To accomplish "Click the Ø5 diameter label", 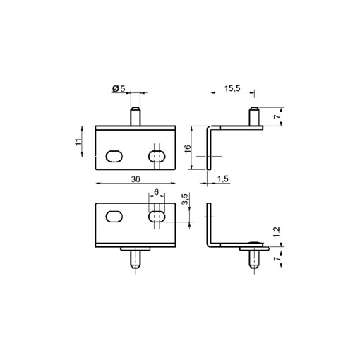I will (x=119, y=89).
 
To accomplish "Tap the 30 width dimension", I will (x=134, y=179).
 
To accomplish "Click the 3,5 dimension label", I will (x=184, y=200).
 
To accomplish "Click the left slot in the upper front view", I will (x=113, y=155).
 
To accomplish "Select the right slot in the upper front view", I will (x=157, y=155).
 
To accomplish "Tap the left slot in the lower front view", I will (x=113, y=217).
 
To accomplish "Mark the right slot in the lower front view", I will (x=157, y=217).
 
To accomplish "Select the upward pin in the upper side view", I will (x=253, y=116).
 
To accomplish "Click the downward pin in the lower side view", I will (x=253, y=260).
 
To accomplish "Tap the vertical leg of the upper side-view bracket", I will (x=210, y=148).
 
